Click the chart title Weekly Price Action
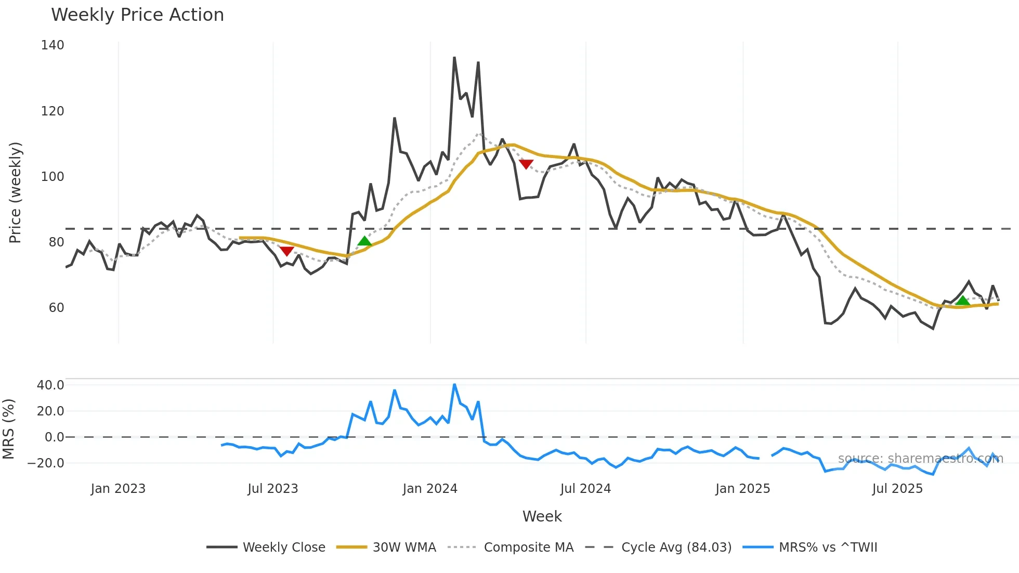pyautogui.click(x=137, y=15)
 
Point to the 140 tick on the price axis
pyautogui.click(x=53, y=45)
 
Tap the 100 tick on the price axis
pyautogui.click(x=53, y=177)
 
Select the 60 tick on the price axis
pyautogui.click(x=56, y=308)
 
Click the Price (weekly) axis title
pyautogui.click(x=15, y=192)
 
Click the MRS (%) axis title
pyautogui.click(x=8, y=429)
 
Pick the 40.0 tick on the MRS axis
pyautogui.click(x=50, y=385)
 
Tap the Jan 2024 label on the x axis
pyautogui.click(x=430, y=489)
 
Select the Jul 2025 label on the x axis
pyautogui.click(x=897, y=489)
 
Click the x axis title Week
pyautogui.click(x=542, y=516)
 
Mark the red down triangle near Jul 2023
pyautogui.click(x=286, y=251)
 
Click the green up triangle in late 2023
pyautogui.click(x=365, y=241)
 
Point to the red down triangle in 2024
pyautogui.click(x=526, y=164)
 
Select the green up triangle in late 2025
pyautogui.click(x=962, y=301)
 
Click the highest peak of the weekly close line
pyautogui.click(x=454, y=58)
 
